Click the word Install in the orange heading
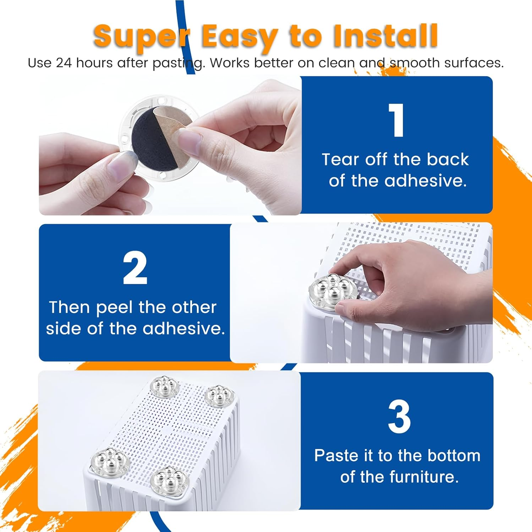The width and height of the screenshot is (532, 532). click(x=385, y=36)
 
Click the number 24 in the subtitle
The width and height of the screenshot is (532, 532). click(x=64, y=63)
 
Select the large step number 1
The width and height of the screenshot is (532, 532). click(x=396, y=121)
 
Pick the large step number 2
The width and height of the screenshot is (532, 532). click(x=135, y=268)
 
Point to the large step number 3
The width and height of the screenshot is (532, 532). click(x=399, y=417)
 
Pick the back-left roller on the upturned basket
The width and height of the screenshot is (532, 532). click(x=164, y=387)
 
